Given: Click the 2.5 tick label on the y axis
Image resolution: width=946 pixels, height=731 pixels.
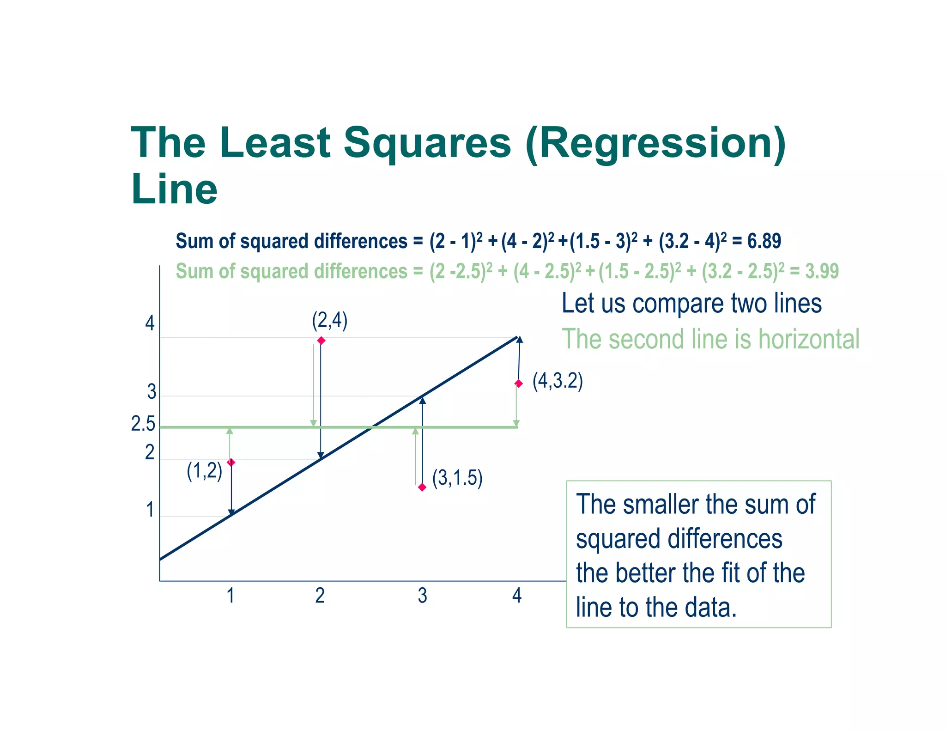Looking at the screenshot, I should [143, 424].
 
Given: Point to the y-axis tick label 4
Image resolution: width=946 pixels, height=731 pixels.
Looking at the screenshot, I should [150, 323].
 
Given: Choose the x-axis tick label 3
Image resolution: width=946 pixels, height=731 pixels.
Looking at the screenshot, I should [422, 596].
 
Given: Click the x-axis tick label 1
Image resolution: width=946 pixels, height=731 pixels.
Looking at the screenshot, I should [230, 596].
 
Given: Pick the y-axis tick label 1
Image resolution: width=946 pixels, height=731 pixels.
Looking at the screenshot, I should [150, 510].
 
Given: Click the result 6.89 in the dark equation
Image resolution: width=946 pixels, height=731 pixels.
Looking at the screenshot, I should [764, 241].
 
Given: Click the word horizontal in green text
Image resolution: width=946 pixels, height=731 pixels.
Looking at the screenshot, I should [808, 339].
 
